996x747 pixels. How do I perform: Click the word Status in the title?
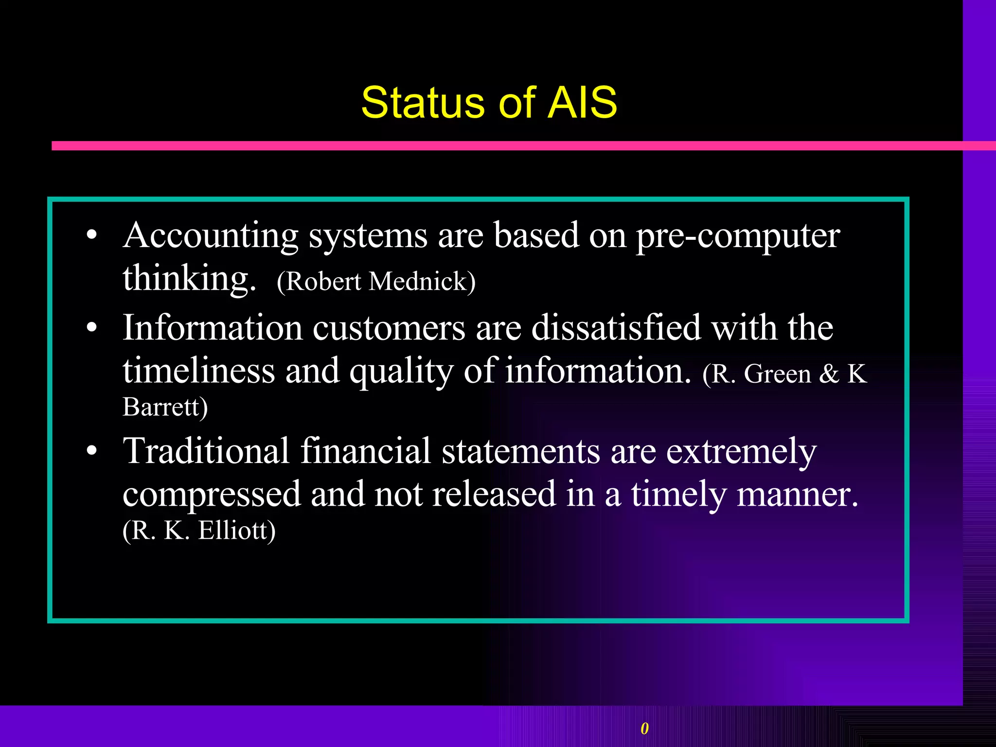click(x=423, y=103)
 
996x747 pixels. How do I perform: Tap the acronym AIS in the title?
click(x=582, y=103)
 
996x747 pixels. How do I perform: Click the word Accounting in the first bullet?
click(x=210, y=236)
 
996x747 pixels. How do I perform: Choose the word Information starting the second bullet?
click(x=212, y=327)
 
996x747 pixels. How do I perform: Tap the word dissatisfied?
click(x=616, y=327)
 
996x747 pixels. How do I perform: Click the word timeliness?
click(x=198, y=371)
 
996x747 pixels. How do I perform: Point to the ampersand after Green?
click(x=829, y=374)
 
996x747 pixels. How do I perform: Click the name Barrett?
click(x=165, y=407)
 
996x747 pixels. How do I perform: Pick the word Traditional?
click(x=206, y=451)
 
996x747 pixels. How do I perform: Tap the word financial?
click(x=366, y=451)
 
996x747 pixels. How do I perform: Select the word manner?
click(x=798, y=495)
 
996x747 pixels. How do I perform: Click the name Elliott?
click(x=236, y=531)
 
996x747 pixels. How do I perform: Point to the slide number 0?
click(x=644, y=729)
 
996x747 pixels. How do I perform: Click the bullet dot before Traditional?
click(x=91, y=451)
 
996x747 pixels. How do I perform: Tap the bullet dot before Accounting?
click(x=91, y=236)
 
